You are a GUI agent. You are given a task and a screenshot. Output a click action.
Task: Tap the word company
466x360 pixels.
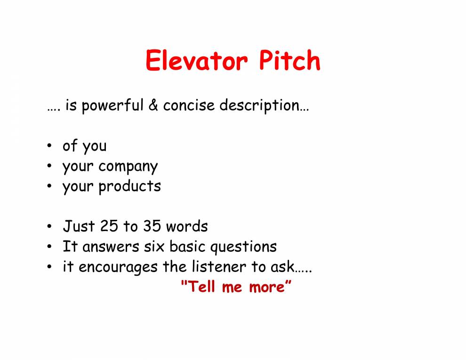(128, 167)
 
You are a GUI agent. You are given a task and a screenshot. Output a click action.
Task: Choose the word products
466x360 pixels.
(129, 186)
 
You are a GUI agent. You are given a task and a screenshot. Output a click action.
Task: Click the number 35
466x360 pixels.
(152, 226)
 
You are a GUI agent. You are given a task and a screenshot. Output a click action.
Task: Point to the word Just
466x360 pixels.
(79, 226)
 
